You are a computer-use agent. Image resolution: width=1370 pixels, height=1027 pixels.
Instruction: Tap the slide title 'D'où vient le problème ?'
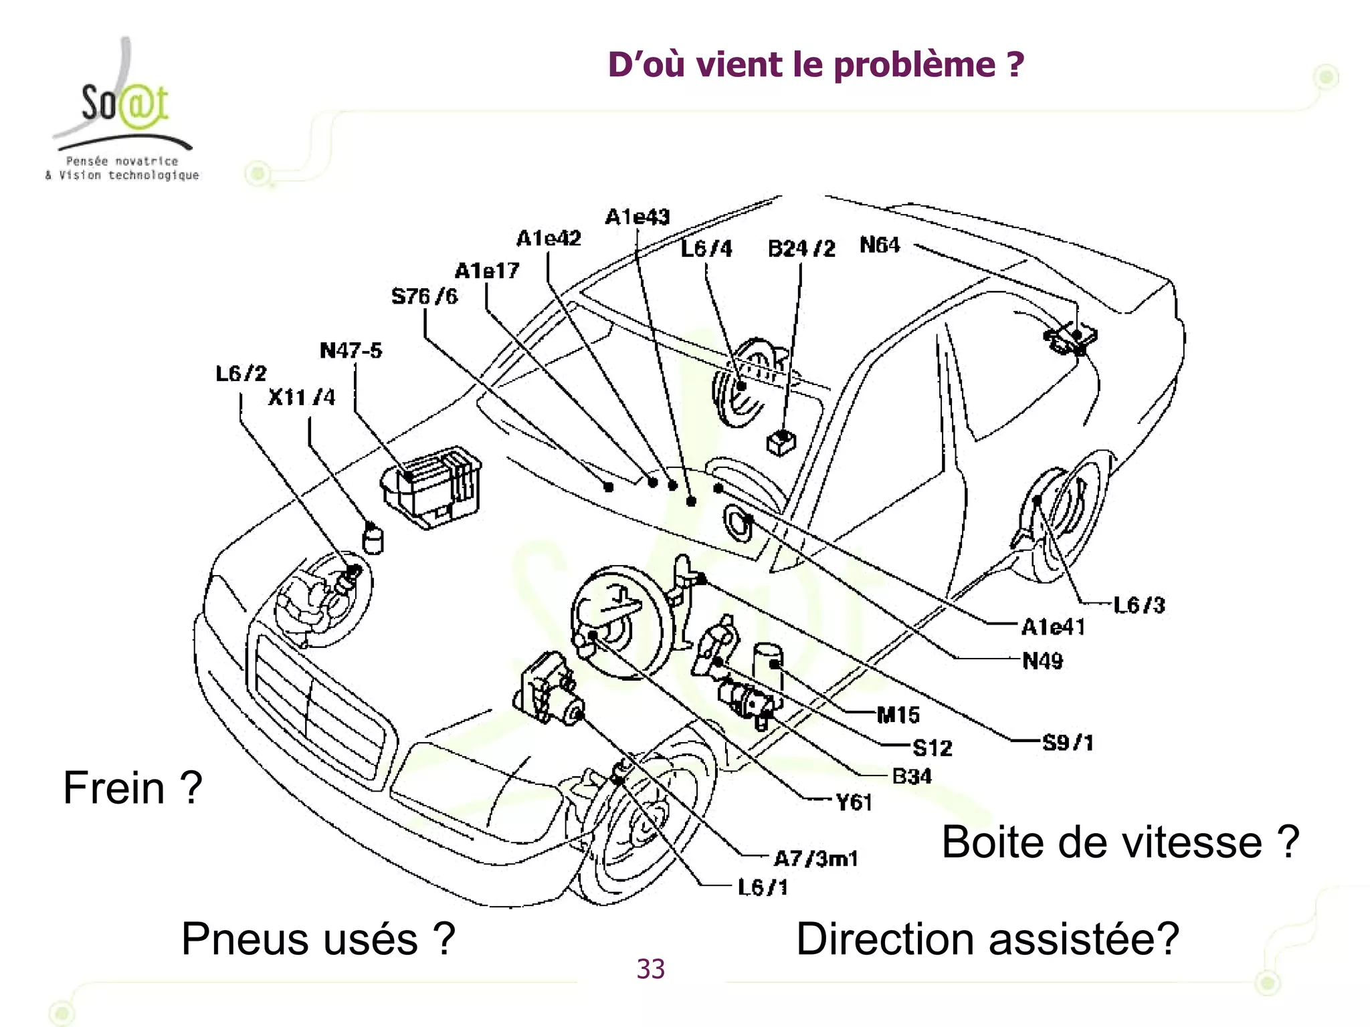[x=815, y=65]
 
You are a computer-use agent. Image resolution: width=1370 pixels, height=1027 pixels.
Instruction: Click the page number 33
[x=650, y=969]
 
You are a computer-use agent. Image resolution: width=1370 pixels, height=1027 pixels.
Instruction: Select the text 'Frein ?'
[x=132, y=788]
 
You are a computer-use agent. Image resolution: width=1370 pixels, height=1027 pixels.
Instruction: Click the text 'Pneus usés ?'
[x=318, y=939]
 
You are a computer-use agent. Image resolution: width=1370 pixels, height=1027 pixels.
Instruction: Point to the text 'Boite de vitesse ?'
[x=1120, y=842]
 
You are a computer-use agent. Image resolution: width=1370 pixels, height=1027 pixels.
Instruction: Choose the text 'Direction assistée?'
[x=987, y=939]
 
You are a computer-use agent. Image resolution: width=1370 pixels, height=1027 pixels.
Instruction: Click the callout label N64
[x=880, y=245]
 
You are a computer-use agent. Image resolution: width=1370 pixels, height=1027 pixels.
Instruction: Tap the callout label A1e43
[x=637, y=217]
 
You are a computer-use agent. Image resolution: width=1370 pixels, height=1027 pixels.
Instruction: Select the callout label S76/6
[x=424, y=296]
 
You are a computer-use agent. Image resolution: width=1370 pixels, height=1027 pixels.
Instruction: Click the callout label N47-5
[x=351, y=350]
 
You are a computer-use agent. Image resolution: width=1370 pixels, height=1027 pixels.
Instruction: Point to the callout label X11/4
[x=301, y=397]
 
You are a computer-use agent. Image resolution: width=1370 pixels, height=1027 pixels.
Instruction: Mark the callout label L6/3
[x=1139, y=605]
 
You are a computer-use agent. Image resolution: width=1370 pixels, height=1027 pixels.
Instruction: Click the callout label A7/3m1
[x=815, y=858]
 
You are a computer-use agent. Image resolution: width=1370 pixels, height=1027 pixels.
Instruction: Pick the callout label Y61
[x=854, y=802]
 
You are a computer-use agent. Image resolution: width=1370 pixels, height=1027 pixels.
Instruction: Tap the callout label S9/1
[x=1068, y=742]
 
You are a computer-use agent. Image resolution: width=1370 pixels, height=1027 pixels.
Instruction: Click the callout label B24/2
[x=801, y=249]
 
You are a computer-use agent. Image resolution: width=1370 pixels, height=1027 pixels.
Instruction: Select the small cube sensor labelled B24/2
[x=781, y=443]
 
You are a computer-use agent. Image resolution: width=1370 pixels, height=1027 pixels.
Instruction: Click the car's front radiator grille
[x=318, y=705]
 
